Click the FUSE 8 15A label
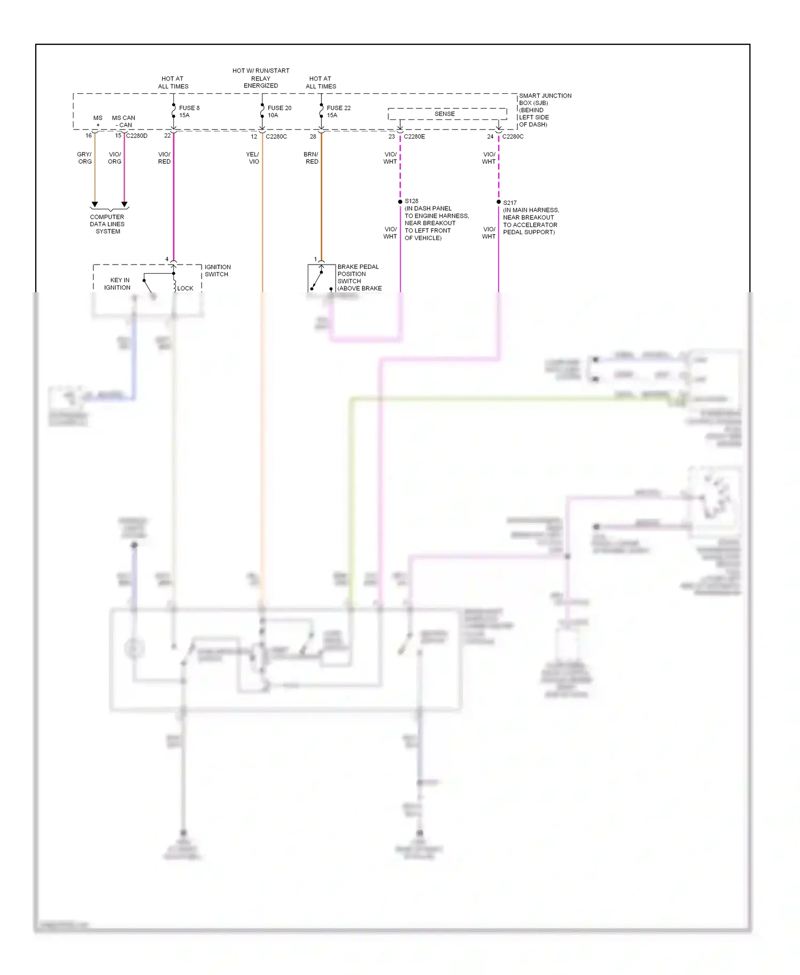[188, 111]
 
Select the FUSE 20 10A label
[279, 111]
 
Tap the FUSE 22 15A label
[338, 111]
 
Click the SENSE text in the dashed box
[444, 114]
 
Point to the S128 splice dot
[400, 202]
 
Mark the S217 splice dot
[499, 202]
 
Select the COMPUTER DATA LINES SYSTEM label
[107, 224]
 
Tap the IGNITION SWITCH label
[217, 270]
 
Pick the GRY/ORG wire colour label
[84, 158]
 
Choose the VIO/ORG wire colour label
[115, 158]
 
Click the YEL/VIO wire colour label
[253, 158]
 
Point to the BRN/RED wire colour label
[311, 158]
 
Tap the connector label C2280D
[137, 136]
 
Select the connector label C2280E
[414, 137]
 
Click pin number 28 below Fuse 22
[313, 137]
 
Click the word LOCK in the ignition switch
[185, 288]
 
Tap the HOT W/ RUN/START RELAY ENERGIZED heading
[261, 78]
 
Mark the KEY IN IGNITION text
[118, 284]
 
